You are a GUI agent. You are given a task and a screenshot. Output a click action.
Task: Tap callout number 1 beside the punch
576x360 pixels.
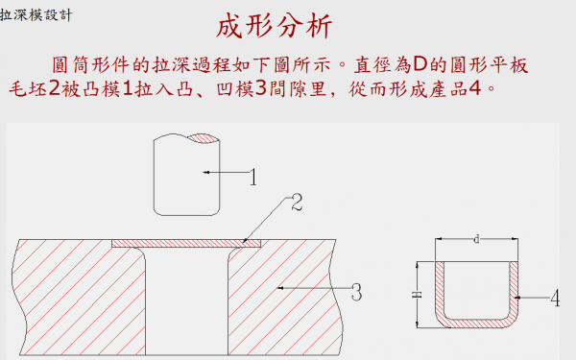[x=252, y=177]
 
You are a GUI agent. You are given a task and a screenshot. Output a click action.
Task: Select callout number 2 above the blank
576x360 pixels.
[x=297, y=202]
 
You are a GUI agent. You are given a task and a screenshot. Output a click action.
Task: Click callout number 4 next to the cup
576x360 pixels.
[x=554, y=299]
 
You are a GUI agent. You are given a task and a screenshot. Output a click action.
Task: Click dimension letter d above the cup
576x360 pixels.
[x=477, y=239]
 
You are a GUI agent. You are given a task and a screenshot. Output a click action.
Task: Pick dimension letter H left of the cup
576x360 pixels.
[x=415, y=296]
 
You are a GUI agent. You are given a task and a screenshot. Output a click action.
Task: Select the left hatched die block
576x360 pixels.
[x=77, y=298]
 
